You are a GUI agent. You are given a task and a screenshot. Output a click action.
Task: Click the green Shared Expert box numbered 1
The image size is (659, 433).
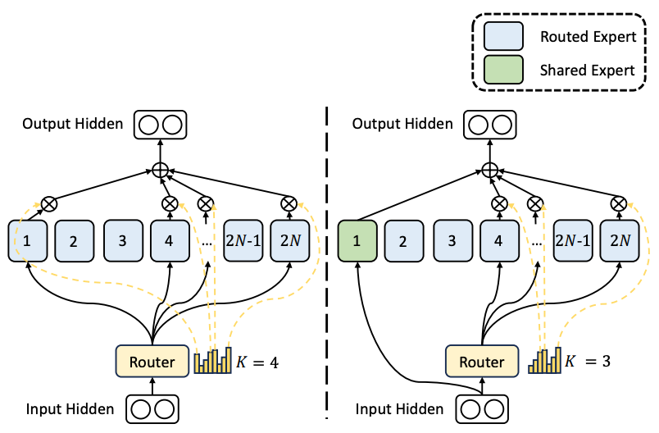click(357, 241)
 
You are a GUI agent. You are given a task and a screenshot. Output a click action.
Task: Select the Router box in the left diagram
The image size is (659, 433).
click(152, 361)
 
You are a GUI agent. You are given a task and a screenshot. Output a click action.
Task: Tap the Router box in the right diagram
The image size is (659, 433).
click(482, 361)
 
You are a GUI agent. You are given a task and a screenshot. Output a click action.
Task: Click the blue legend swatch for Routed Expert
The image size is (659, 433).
click(503, 36)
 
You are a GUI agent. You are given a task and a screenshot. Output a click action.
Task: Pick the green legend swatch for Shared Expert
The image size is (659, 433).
click(503, 70)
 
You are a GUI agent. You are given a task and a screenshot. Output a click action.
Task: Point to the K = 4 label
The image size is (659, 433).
click(257, 362)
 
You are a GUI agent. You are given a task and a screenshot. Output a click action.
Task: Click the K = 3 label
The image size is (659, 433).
click(588, 361)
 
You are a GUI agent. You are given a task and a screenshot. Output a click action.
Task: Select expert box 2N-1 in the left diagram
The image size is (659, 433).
click(243, 241)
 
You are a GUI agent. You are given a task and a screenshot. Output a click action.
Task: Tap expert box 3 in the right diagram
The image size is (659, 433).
click(452, 241)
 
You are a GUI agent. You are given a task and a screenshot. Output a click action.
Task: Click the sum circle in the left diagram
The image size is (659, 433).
click(160, 171)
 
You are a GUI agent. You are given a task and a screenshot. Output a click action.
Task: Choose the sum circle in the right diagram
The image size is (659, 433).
click(489, 171)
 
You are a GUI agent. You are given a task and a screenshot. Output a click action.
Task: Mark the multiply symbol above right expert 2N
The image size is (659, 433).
click(619, 204)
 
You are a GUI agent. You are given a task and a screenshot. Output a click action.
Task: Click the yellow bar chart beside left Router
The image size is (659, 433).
click(212, 360)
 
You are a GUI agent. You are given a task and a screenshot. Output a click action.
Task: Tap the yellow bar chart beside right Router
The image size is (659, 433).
click(544, 360)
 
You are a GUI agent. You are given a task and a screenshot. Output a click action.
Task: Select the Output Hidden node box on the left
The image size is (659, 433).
click(160, 125)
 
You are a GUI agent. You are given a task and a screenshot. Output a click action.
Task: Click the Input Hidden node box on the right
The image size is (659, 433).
click(482, 409)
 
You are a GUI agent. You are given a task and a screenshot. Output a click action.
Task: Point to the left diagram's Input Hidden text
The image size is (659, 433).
click(70, 409)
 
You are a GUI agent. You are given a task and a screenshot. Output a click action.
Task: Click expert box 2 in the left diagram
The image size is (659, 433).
click(74, 241)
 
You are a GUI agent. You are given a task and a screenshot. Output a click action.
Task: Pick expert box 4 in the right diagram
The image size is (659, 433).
click(499, 241)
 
